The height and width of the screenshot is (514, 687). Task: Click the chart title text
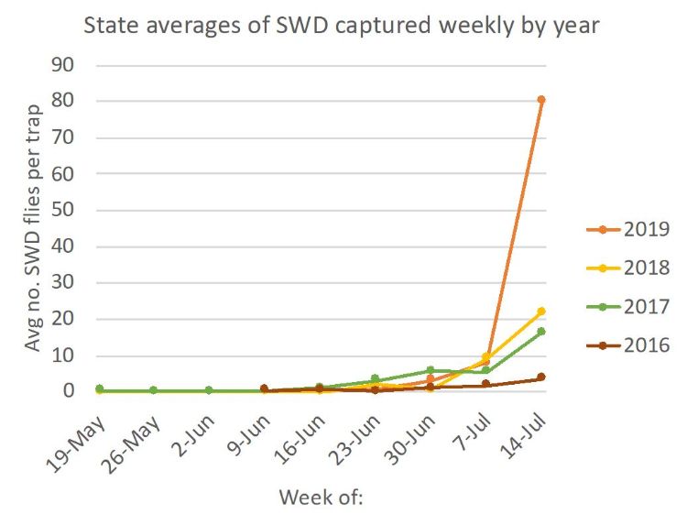(342, 25)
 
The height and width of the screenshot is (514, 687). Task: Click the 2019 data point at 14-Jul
(541, 99)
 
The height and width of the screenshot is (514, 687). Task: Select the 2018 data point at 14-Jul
(541, 312)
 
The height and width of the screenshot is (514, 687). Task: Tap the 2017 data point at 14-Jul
(541, 331)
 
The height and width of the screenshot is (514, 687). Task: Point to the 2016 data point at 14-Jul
(541, 377)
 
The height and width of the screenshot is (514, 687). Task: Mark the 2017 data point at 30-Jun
(430, 370)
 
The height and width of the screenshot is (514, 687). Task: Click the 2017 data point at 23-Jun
(375, 379)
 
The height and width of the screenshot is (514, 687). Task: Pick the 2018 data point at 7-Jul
(485, 356)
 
